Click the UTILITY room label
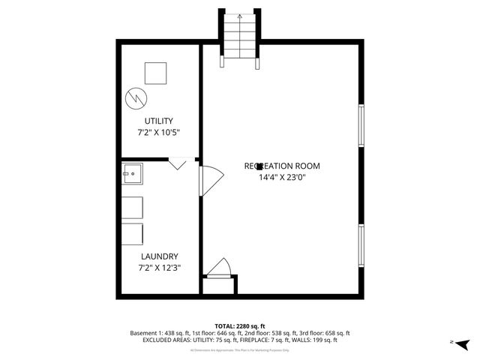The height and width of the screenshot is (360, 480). coord(159,121)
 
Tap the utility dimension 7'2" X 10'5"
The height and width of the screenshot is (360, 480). coord(159,132)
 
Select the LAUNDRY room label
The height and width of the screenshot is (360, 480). coord(159,256)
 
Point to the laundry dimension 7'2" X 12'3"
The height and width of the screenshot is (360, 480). coord(159,267)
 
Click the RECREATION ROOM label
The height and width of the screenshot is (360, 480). coord(282,166)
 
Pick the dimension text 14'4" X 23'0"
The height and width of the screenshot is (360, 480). coord(282,178)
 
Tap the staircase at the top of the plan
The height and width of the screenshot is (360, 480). coord(240,37)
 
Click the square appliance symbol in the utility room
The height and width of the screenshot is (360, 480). coord(156,73)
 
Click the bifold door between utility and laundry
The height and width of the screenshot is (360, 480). coord(178,163)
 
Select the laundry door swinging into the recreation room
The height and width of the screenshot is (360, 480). coord(211,179)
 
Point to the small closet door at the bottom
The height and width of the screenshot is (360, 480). coord(219,268)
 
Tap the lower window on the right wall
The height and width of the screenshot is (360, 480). coord(361,244)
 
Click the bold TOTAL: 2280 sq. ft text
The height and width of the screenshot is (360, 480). coord(240,325)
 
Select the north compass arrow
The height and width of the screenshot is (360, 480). coord(462,343)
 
